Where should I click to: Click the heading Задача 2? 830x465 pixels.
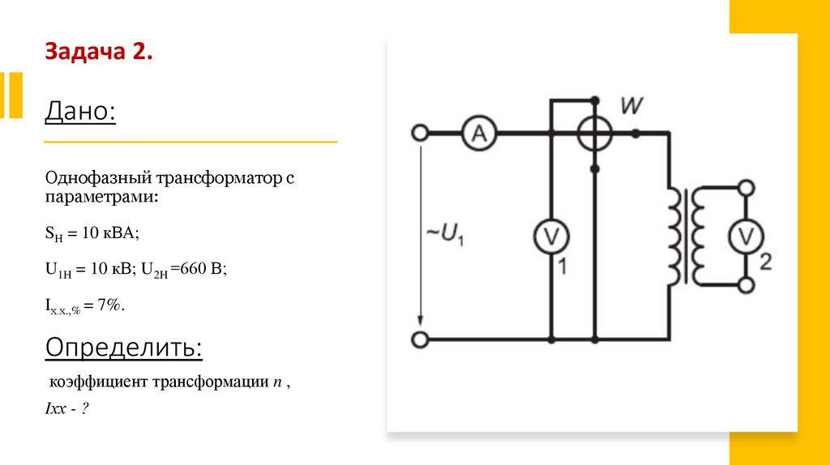click(x=98, y=53)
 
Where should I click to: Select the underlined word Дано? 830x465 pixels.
click(x=81, y=111)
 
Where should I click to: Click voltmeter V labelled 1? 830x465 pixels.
click(x=551, y=236)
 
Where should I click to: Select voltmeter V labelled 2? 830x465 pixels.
click(x=744, y=236)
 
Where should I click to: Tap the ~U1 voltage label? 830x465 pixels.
click(x=444, y=235)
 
